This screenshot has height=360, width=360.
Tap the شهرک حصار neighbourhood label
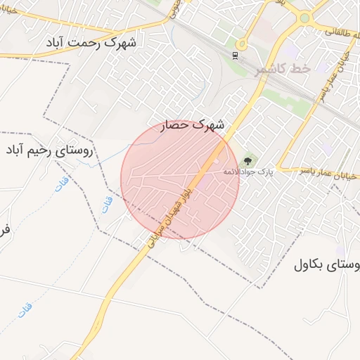193,125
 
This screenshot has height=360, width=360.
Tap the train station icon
235,54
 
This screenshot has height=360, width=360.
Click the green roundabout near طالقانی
304,18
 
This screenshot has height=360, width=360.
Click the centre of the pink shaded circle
179,179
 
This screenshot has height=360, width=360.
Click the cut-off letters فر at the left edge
4,229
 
